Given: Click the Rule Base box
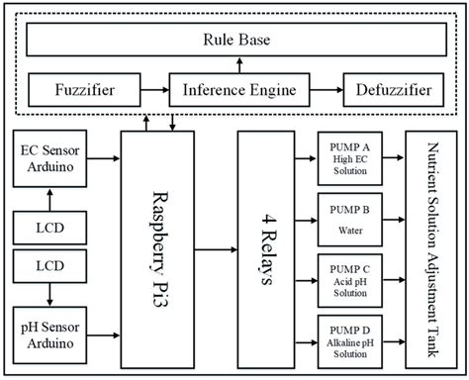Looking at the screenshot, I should pyautogui.click(x=234, y=42).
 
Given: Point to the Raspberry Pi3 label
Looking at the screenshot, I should pyautogui.click(x=168, y=247).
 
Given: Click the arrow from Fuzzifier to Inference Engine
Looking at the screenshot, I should pyautogui.click(x=152, y=93).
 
